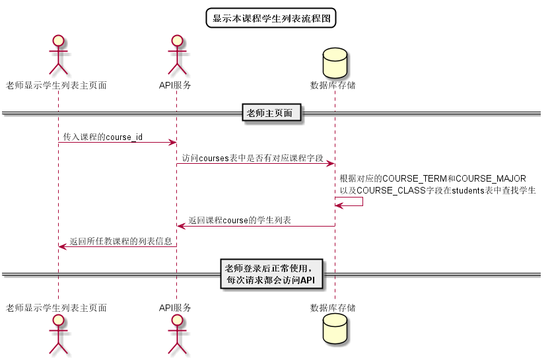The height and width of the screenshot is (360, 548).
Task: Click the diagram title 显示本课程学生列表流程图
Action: [x=271, y=18]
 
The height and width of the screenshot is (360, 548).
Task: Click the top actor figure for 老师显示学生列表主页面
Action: [x=58, y=56]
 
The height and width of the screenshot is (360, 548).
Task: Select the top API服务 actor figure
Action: [x=176, y=56]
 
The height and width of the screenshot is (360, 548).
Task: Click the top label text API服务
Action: [x=176, y=85]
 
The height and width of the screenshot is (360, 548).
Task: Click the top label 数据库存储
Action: [x=333, y=85]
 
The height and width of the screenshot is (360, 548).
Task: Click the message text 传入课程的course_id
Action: [x=103, y=137]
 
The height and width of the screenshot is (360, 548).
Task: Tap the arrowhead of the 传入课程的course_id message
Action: [x=172, y=142]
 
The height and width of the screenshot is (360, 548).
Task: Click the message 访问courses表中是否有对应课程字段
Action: [x=253, y=158]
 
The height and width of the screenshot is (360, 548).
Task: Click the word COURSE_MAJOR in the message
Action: [x=491, y=179]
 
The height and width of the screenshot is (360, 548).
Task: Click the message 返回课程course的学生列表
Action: [x=240, y=220]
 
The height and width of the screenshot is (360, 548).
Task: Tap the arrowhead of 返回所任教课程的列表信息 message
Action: [x=62, y=246]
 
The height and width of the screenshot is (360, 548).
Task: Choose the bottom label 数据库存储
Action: [x=333, y=308]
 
